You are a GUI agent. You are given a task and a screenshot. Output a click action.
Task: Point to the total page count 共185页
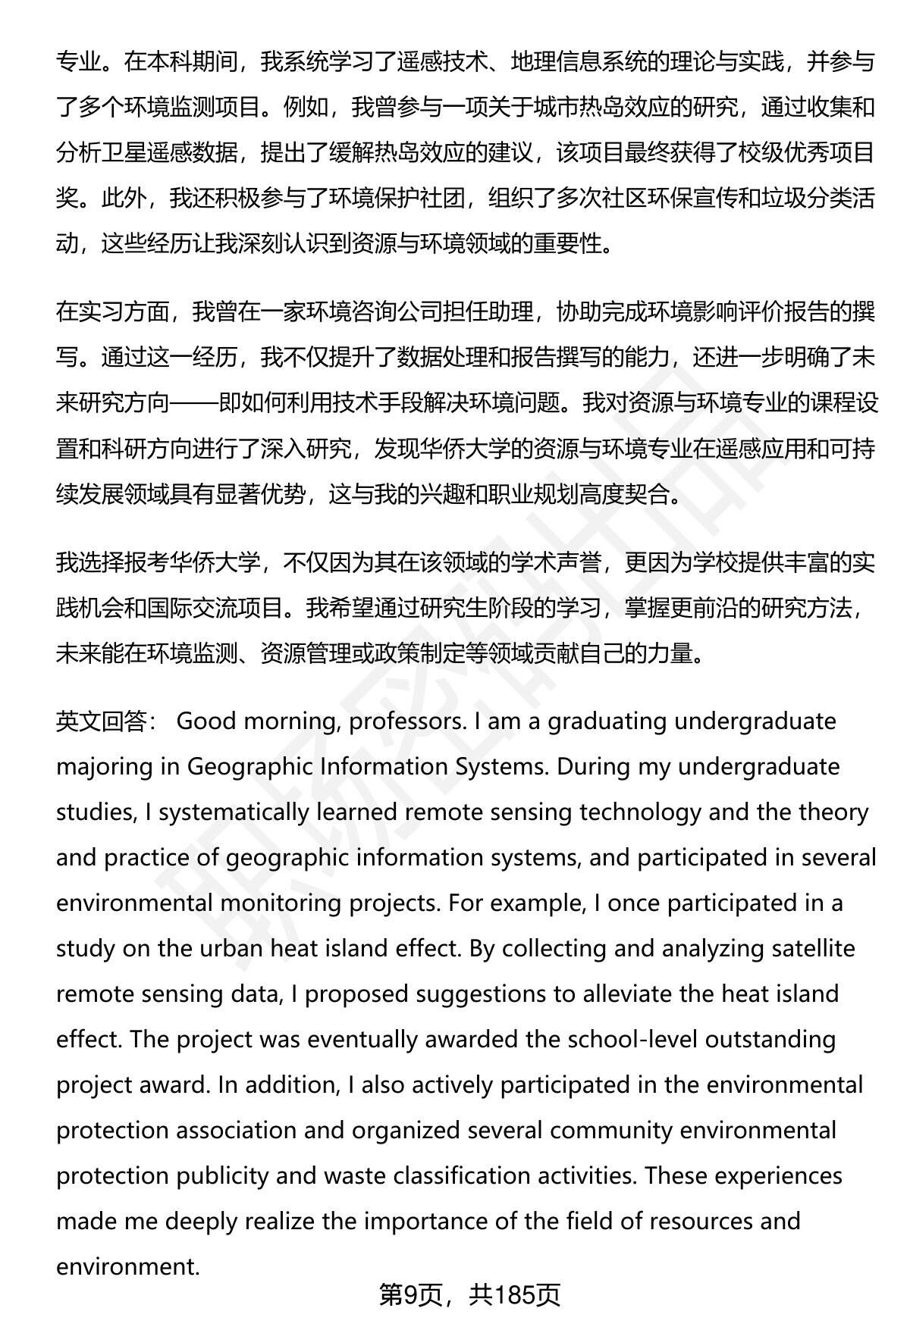[514, 1295]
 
